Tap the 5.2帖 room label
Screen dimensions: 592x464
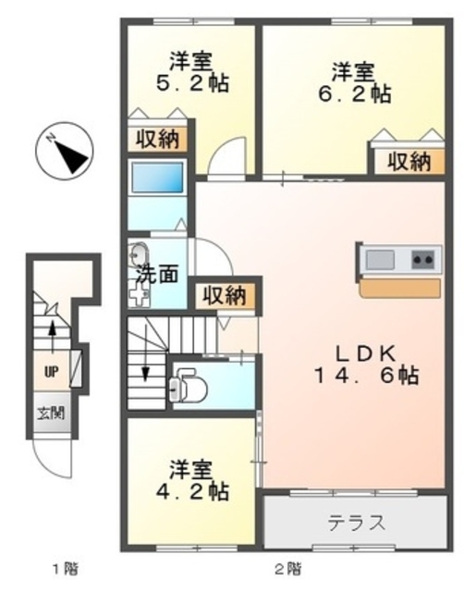pyautogui.click(x=190, y=82)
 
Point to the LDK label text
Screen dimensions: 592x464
pyautogui.click(x=365, y=352)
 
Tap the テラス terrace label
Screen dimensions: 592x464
pyautogui.click(x=355, y=523)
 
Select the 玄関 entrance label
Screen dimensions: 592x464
pyautogui.click(x=50, y=413)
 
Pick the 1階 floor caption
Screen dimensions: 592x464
pyautogui.click(x=62, y=567)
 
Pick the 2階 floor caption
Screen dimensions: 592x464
pyautogui.click(x=286, y=567)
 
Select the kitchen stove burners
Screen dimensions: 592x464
pyautogui.click(x=423, y=259)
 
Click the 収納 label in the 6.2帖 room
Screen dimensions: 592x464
pyautogui.click(x=408, y=161)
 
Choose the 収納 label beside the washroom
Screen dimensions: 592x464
pyautogui.click(x=223, y=296)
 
